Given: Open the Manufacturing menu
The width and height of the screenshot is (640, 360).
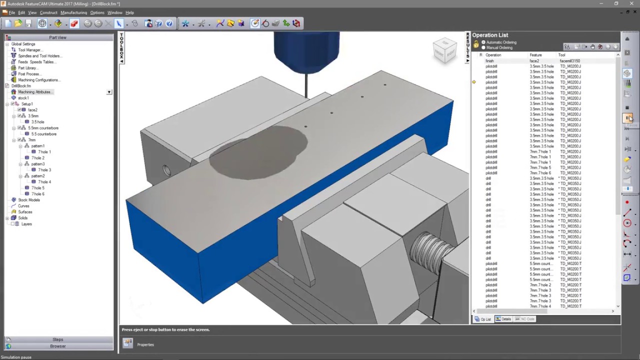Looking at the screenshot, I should [x=73, y=12].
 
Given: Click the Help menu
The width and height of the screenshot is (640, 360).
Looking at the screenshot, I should [x=129, y=12].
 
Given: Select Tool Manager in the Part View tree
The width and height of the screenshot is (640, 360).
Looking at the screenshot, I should [x=29, y=50].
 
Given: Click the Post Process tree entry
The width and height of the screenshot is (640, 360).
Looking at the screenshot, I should [x=29, y=74].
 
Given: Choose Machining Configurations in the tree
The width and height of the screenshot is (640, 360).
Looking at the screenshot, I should [x=38, y=80].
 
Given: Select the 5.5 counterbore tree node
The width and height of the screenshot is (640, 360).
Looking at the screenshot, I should [x=43, y=134].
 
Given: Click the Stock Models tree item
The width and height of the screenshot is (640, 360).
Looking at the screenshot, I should [x=28, y=200].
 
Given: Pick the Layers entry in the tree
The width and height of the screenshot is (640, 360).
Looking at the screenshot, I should [x=26, y=224].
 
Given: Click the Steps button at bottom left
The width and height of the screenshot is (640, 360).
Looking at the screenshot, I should [x=57, y=339].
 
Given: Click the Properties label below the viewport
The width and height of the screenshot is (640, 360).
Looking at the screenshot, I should [x=145, y=344].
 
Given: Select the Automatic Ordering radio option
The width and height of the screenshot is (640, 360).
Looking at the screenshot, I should [x=483, y=42].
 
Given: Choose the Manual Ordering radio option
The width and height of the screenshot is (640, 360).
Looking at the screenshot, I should [x=483, y=47].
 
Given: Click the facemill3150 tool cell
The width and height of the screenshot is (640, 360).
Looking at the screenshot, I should [x=569, y=61].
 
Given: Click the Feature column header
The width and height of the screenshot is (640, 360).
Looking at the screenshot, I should [x=535, y=55].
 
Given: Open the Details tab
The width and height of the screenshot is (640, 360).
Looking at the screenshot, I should [x=504, y=319].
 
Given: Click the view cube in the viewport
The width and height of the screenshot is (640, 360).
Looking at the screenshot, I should [x=444, y=50].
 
